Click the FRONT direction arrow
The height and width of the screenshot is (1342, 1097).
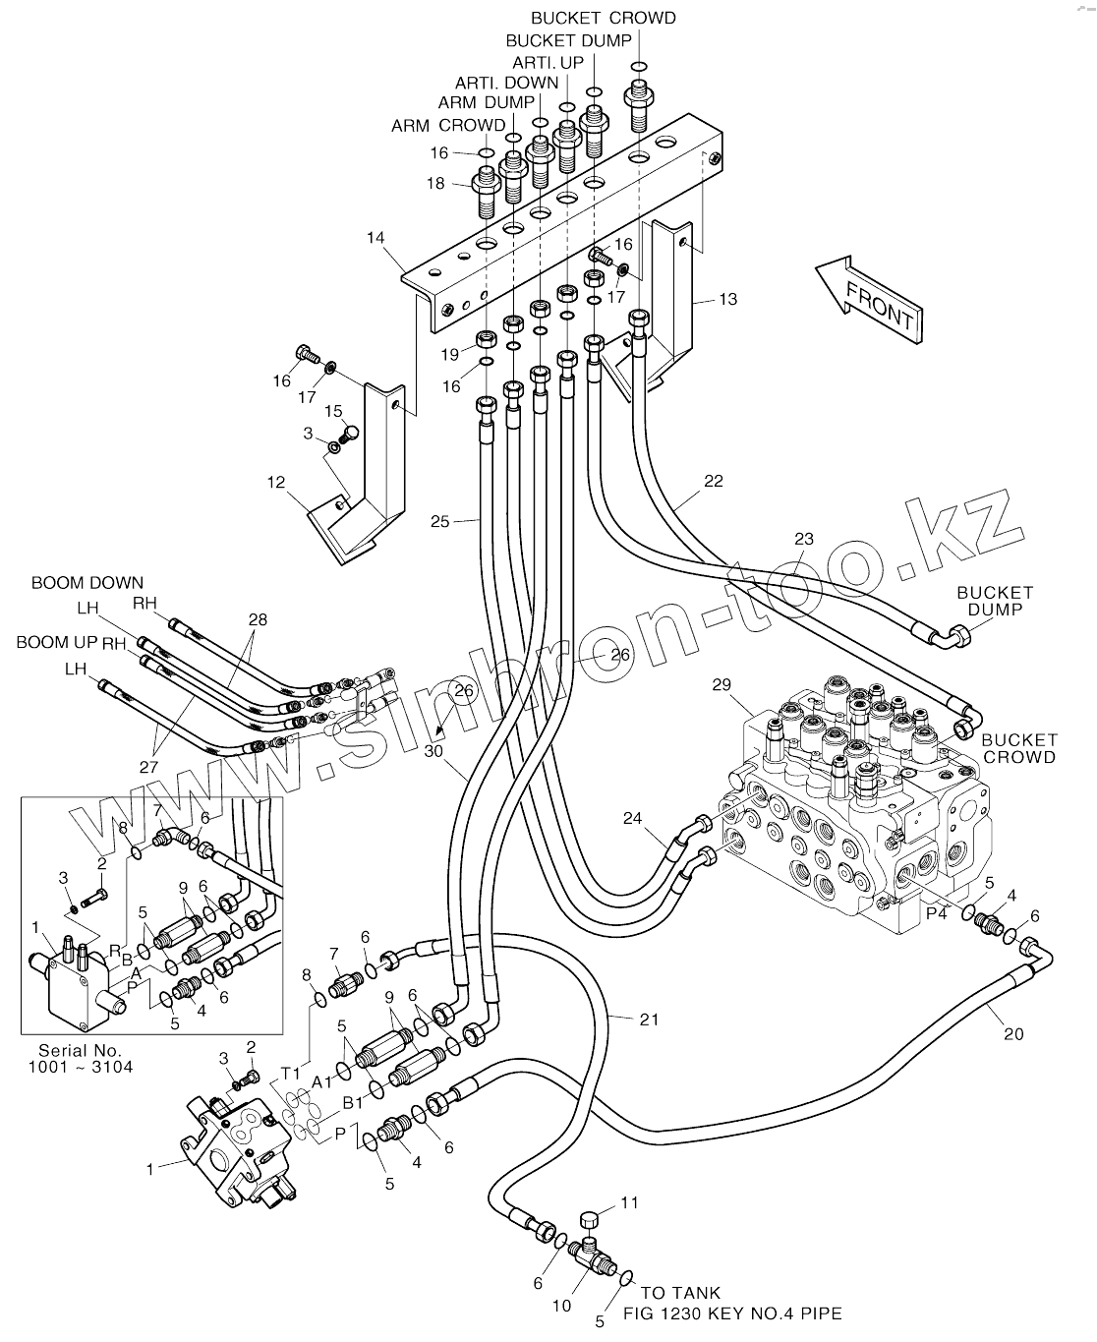869,300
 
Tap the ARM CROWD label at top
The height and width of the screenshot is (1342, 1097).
448,126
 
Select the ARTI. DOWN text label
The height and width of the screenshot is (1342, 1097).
506,83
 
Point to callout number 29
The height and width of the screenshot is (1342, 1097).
722,684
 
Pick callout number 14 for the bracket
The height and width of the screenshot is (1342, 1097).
375,237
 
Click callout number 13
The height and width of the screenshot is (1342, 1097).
727,299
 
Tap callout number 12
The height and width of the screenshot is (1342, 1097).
275,483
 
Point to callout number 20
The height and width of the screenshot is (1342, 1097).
1013,1034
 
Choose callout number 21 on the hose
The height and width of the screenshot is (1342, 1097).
649,1020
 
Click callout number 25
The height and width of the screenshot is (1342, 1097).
439,521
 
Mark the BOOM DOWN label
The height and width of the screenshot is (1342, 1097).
87,582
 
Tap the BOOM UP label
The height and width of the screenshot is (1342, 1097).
57,642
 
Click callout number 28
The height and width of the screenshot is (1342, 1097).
258,619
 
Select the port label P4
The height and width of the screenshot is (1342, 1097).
936,913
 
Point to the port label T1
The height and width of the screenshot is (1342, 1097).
290,1074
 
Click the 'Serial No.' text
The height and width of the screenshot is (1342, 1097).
81,1050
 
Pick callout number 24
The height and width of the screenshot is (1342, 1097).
632,818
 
